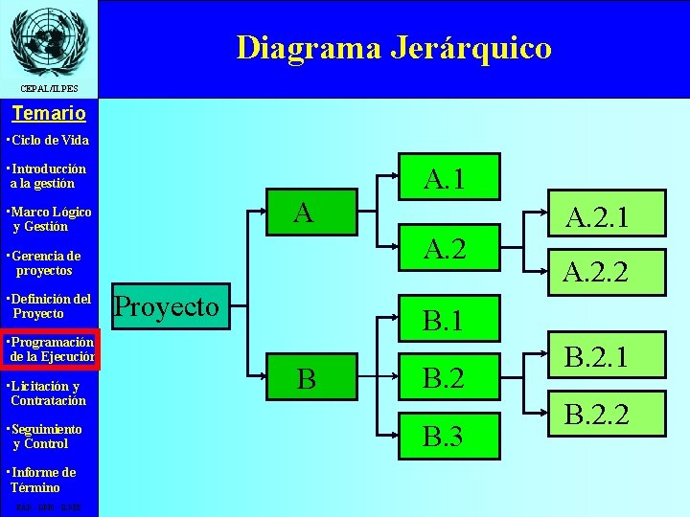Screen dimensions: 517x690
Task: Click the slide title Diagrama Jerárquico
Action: [394, 47]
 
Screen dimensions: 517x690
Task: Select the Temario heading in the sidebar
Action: [49, 113]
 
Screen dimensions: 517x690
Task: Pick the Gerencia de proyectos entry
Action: [45, 263]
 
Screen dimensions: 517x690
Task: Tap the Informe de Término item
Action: [42, 480]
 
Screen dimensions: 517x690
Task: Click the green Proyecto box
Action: [167, 307]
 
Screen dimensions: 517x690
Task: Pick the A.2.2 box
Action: [595, 273]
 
